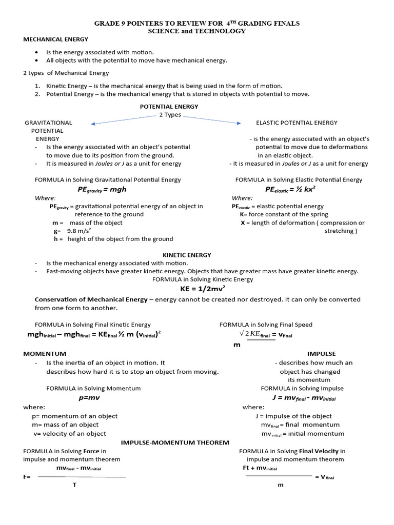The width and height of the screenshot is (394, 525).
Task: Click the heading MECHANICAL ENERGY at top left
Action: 55,39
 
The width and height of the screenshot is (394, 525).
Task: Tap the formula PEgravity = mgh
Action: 102,189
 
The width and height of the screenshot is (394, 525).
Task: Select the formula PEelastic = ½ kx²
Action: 290,189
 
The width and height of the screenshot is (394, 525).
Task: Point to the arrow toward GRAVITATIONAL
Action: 123,120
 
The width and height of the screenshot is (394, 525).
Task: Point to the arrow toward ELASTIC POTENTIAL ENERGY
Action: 212,119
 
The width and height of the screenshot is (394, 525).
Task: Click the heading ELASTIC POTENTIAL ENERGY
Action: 297,123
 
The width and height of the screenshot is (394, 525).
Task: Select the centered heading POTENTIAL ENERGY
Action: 169,107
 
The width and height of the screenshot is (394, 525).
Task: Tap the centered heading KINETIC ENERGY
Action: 187,255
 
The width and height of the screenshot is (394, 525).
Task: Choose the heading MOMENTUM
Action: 45,354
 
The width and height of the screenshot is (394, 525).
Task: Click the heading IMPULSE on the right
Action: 321,354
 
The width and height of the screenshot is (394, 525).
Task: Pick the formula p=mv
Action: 89,397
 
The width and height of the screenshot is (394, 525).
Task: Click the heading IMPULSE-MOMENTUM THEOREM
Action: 175,442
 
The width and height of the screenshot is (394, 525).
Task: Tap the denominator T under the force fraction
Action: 74,485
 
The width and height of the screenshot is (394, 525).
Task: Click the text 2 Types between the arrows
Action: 170,115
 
